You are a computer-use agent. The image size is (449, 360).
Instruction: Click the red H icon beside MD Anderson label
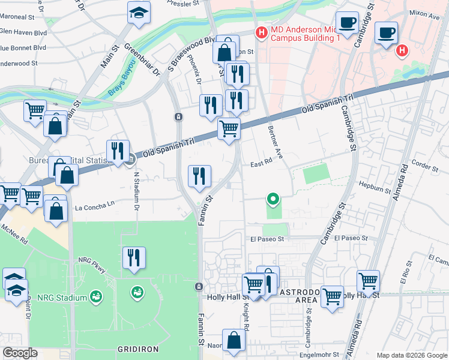click(261, 32)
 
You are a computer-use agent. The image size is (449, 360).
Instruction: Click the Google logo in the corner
click(20, 353)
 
